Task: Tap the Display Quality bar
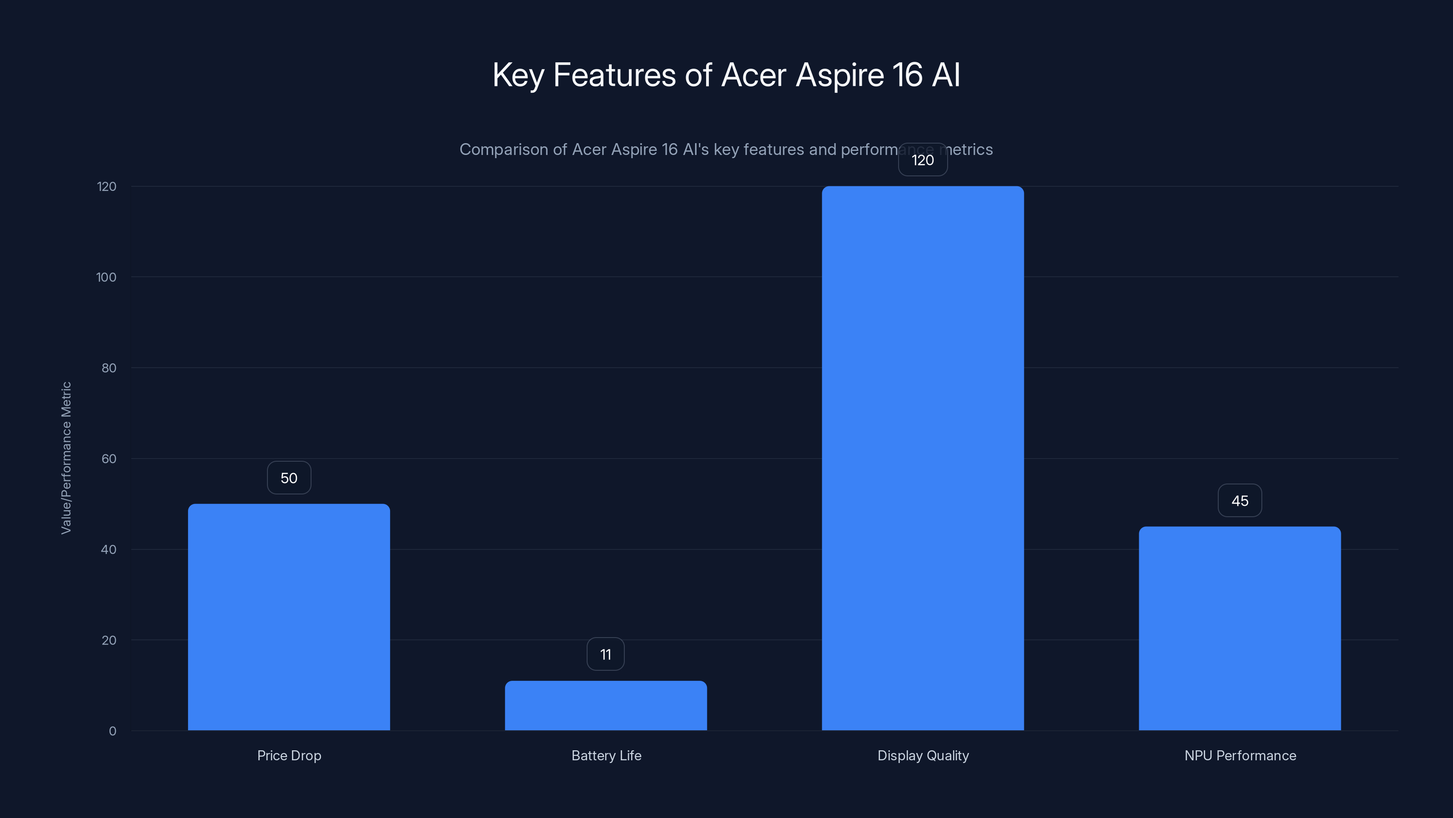point(923,458)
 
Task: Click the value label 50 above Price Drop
point(289,478)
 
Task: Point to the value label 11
point(606,654)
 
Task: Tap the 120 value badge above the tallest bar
point(923,160)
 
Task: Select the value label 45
point(1240,501)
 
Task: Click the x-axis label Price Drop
point(289,755)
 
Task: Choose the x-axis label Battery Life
point(606,755)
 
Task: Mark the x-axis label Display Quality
point(923,755)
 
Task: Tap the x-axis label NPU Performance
point(1240,755)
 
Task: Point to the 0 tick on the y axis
point(112,731)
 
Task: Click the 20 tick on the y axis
point(109,640)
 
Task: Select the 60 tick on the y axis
point(109,459)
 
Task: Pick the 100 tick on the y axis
point(106,277)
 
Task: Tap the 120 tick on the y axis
point(107,187)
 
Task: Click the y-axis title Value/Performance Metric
point(66,458)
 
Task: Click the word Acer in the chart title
point(754,75)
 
